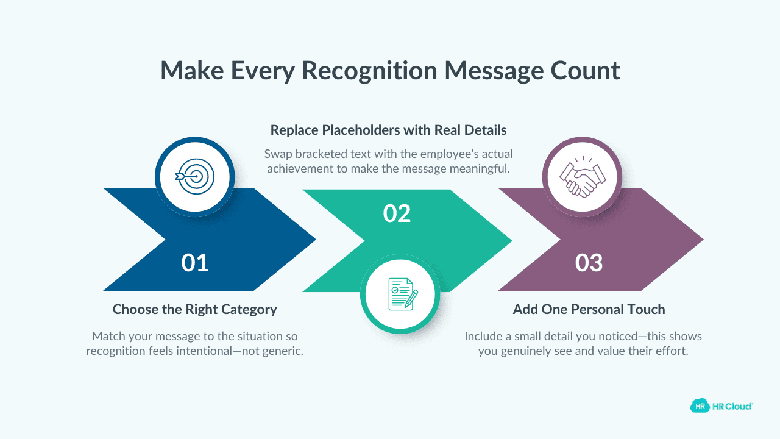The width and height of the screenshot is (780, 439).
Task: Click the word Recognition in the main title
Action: click(369, 71)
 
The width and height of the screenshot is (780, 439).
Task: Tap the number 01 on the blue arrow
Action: click(195, 263)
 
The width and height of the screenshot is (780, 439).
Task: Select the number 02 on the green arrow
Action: click(397, 213)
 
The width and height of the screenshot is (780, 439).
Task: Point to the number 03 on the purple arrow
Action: click(589, 263)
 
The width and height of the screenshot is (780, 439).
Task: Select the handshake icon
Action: click(582, 177)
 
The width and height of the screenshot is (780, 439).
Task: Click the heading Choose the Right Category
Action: click(195, 309)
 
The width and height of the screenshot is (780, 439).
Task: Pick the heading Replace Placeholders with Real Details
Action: click(389, 130)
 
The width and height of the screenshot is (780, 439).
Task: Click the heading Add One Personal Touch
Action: click(589, 309)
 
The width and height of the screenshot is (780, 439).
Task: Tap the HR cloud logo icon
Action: click(700, 406)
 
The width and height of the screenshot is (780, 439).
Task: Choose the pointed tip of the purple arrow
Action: click(703, 240)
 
